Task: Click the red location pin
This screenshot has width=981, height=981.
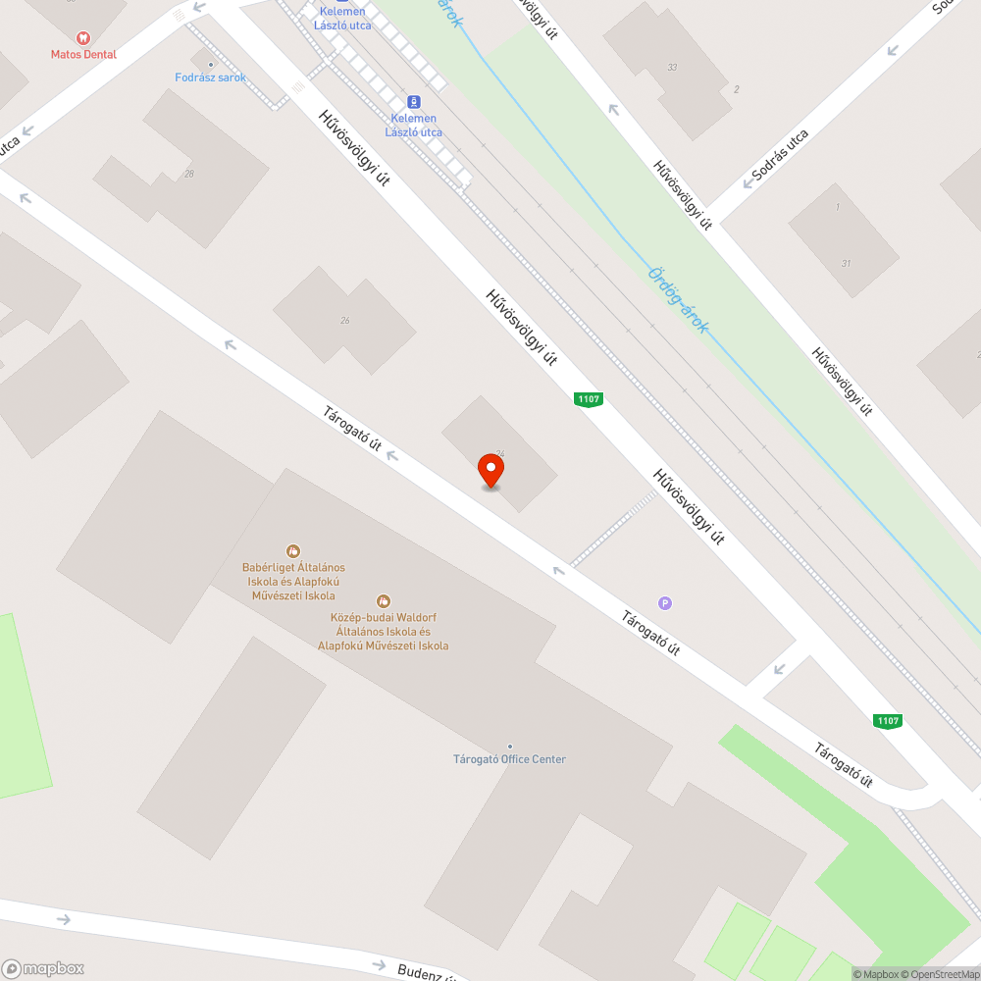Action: [x=490, y=470]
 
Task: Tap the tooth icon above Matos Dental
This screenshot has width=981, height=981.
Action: [x=83, y=37]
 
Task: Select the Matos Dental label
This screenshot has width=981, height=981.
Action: [x=83, y=55]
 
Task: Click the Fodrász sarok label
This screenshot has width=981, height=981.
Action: [x=210, y=77]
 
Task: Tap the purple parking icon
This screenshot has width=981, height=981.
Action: [x=666, y=603]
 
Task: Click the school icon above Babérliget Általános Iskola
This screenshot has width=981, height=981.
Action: [x=292, y=551]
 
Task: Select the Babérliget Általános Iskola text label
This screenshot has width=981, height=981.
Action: [x=293, y=581]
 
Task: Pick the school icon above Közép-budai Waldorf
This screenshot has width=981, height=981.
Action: [x=384, y=600]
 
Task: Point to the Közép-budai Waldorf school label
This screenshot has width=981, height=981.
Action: [x=384, y=631]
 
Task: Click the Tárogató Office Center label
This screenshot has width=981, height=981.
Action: [x=509, y=759]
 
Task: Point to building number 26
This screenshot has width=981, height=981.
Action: [x=345, y=321]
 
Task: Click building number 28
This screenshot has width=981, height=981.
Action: [x=188, y=174]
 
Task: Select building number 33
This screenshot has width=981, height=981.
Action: [x=672, y=68]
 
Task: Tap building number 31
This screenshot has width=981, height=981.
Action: [x=846, y=263]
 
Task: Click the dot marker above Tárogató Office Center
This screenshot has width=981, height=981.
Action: [x=509, y=747]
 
